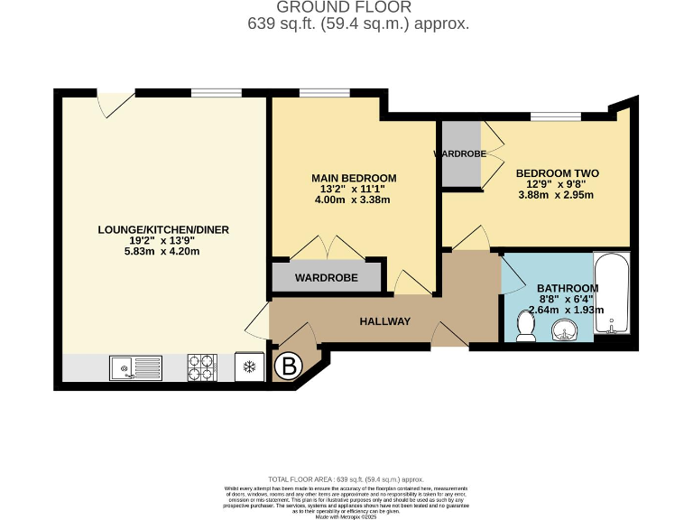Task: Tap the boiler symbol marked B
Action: [289, 367]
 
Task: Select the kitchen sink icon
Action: [135, 367]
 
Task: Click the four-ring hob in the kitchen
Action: [202, 367]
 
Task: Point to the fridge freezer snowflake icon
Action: [248, 367]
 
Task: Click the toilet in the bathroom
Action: [525, 326]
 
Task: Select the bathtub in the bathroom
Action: [612, 294]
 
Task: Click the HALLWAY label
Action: [385, 321]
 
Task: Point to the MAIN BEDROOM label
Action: [354, 178]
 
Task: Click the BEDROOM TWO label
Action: [557, 172]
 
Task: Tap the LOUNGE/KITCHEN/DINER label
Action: [163, 230]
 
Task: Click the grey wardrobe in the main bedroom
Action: [327, 277]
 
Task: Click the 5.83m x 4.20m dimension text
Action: [163, 252]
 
